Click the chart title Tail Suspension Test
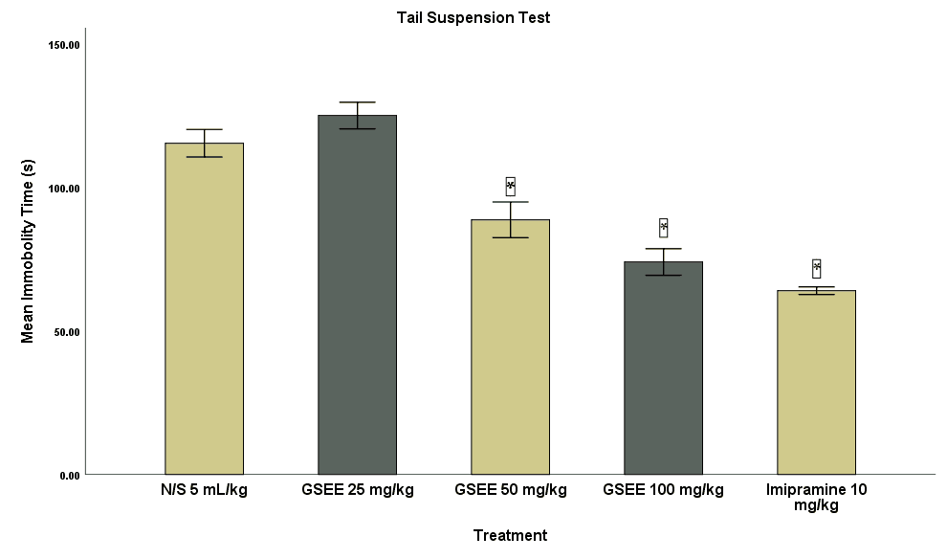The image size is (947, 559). pos(473,17)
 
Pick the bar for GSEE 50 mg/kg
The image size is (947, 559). pos(510,347)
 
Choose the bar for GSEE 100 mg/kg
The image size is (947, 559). pos(663,368)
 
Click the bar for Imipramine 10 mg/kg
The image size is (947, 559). pos(816,382)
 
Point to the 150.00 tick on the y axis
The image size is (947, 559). pos(64,45)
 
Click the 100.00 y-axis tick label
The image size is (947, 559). pos(64,189)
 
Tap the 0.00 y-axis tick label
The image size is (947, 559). pos(69,475)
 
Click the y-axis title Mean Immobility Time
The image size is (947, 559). pos(28,252)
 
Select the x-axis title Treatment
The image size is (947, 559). pos(510,535)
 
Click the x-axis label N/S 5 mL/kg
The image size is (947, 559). pos(204,490)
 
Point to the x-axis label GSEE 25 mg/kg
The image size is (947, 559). pos(357,490)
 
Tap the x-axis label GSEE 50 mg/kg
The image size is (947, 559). pos(510,490)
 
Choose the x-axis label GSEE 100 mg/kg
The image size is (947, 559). pos(663,490)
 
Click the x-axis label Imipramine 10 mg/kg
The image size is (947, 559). pos(816,497)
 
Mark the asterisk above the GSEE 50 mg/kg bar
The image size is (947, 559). pos(510,186)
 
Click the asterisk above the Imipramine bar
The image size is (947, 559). pos(816,268)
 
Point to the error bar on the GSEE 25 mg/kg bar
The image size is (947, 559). pos(357,115)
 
